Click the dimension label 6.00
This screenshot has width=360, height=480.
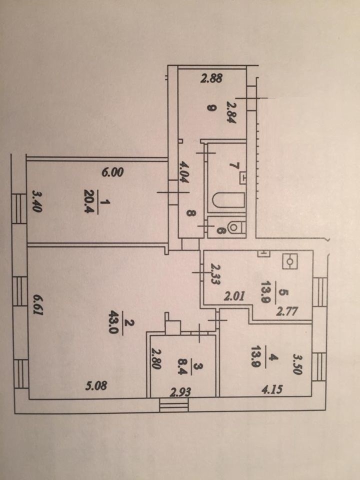click(x=112, y=172)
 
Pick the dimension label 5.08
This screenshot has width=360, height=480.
click(x=96, y=385)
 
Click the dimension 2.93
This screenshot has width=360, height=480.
click(x=180, y=392)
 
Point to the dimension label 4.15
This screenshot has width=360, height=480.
click(x=271, y=389)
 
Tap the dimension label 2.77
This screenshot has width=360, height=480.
click(x=287, y=312)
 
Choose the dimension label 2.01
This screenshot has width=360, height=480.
click(x=234, y=296)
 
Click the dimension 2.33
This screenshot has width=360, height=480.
click(x=215, y=275)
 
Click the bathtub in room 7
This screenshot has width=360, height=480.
click(x=228, y=200)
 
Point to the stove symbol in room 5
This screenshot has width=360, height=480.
click(x=289, y=261)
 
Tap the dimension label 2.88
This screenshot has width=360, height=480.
click(x=211, y=78)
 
